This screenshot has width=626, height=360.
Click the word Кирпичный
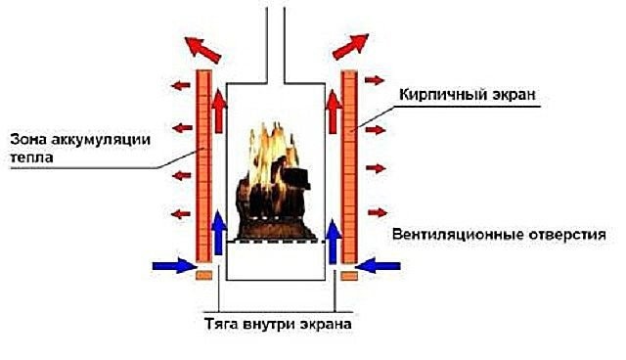[439, 97]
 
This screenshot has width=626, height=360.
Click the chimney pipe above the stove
[273, 39]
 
